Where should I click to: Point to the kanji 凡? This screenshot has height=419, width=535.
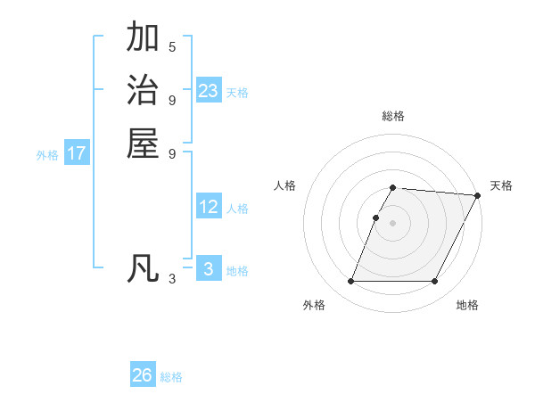143,268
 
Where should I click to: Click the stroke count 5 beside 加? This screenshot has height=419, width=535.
172,46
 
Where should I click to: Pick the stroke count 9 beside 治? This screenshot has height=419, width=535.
172,99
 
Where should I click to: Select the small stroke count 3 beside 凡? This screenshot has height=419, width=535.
172,279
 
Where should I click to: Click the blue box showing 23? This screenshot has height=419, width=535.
209,91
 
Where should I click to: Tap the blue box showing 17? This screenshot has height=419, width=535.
77,153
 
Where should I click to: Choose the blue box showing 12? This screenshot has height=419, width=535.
209,207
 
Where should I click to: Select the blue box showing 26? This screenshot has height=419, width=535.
143,375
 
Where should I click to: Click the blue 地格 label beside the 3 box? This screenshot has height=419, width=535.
237,271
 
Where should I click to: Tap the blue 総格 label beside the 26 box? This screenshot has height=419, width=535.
171,377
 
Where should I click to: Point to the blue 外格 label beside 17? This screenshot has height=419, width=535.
47,155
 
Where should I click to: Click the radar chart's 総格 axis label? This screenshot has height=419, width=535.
393,116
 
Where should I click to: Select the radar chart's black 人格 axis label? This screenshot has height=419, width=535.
285,185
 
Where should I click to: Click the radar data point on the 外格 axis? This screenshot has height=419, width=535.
350,282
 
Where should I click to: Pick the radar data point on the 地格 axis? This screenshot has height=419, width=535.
435,282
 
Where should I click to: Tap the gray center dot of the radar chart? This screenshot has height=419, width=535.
393,223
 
